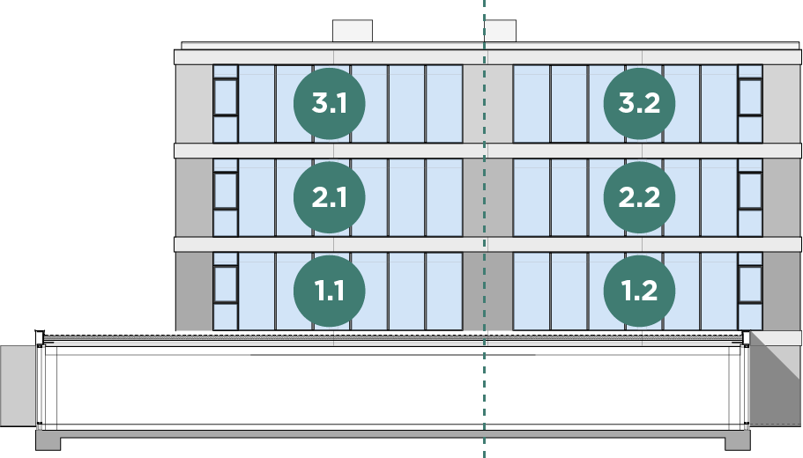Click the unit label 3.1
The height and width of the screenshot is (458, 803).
point(329,103)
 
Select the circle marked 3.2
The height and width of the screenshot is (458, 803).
point(639,103)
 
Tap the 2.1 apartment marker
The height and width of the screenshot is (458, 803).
point(329,197)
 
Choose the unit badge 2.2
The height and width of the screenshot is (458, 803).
point(639,197)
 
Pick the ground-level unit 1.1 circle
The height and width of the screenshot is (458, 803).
point(329,291)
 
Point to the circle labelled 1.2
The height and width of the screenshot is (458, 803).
point(639,291)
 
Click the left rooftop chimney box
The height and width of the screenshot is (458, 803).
point(352,30)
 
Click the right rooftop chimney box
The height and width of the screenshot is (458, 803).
point(500,30)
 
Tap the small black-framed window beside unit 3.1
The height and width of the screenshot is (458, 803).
point(226,97)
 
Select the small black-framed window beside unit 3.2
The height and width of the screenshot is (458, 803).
point(751,97)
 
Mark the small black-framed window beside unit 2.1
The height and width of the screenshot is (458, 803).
point(226,190)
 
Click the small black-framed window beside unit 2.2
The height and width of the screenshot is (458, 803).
point(751,190)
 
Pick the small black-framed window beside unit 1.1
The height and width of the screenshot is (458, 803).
point(226,284)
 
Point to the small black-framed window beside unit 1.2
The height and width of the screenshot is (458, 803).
point(751,284)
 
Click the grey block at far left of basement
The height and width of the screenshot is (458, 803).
point(17,385)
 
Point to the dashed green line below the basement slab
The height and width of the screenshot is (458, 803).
point(484,448)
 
